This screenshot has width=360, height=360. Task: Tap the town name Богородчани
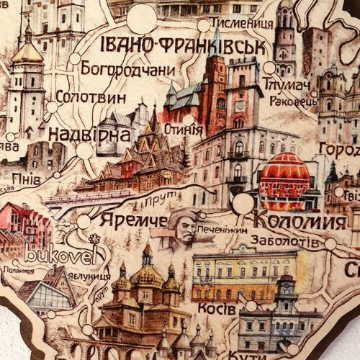[x=128, y=70]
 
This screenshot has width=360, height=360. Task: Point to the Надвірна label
[x=89, y=134]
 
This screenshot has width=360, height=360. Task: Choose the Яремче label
[x=134, y=219]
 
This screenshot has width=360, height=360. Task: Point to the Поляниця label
[x=17, y=270]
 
